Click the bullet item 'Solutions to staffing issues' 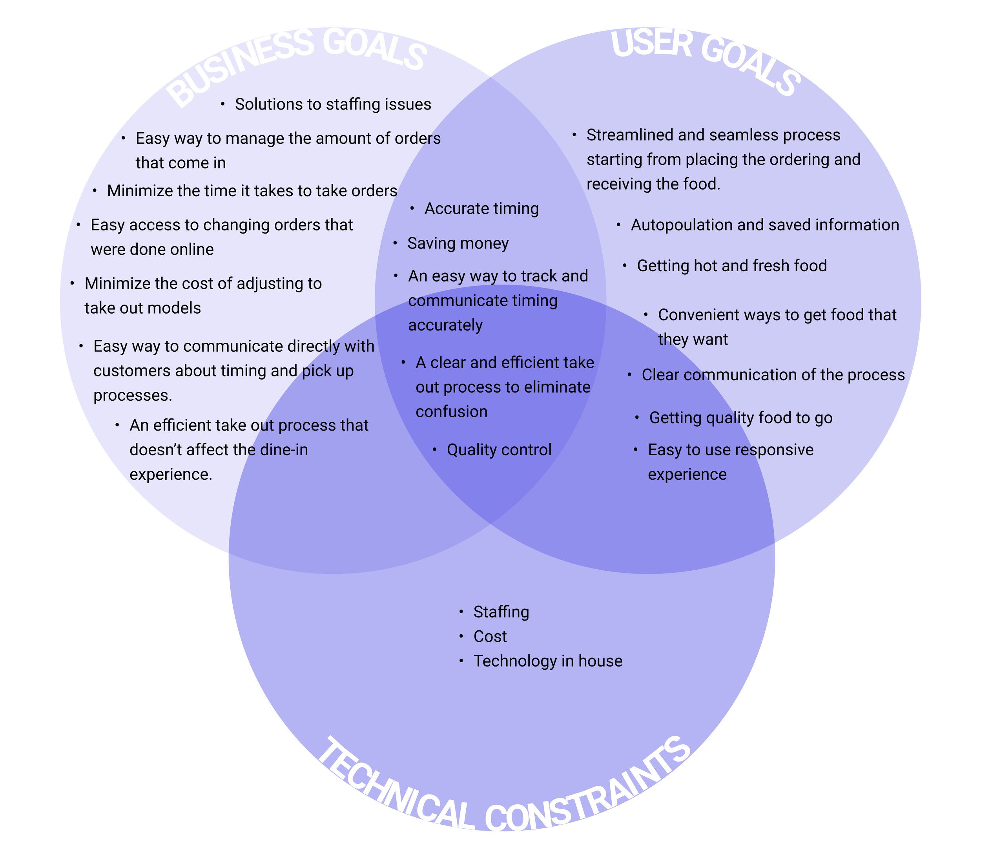[x=333, y=104]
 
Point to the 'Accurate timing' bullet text [x=481, y=208]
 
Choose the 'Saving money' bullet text [x=458, y=243]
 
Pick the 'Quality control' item [x=499, y=450]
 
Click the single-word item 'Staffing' [x=501, y=612]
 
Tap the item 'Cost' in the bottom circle [x=490, y=636]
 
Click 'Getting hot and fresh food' [x=731, y=266]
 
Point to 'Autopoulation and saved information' [x=764, y=225]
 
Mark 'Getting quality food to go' [x=740, y=418]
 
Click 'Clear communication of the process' [x=773, y=374]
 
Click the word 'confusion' [x=451, y=411]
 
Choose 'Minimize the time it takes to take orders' [x=252, y=191]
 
